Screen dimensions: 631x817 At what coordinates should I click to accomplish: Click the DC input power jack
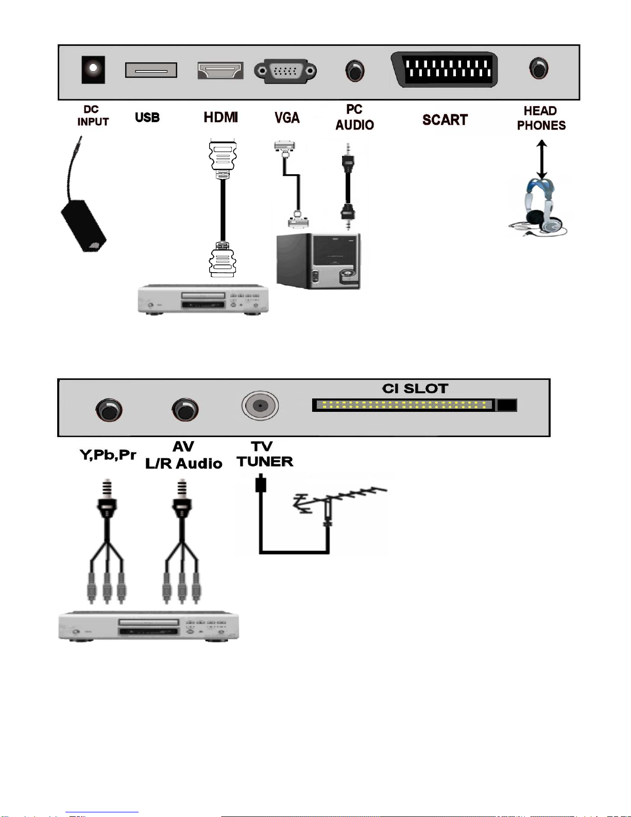point(93,70)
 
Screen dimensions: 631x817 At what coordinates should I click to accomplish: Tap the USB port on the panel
point(151,70)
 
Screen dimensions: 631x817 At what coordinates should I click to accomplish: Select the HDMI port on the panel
point(220,70)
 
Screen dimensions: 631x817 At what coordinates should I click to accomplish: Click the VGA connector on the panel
point(285,71)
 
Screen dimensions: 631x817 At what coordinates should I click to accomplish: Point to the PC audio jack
point(354,71)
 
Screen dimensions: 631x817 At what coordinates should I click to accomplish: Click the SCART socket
point(445,70)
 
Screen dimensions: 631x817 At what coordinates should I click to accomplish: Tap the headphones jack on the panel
point(539,68)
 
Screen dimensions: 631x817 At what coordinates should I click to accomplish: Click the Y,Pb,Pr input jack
point(109,410)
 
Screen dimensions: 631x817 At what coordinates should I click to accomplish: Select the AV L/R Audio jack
point(185,409)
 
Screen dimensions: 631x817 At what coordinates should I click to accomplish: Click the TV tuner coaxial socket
point(260,405)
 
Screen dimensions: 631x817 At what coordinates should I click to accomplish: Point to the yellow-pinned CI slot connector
point(415,405)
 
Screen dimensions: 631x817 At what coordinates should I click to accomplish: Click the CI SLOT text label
point(415,388)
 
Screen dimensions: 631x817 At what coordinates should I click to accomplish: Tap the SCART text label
point(445,120)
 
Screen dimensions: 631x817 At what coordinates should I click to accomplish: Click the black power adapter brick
point(84,226)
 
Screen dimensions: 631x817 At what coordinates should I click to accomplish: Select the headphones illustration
point(538,207)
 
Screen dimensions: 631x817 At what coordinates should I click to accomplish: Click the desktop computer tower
point(318,261)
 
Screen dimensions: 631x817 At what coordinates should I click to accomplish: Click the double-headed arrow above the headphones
point(541,160)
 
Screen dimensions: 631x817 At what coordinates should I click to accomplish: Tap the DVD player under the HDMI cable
point(203,299)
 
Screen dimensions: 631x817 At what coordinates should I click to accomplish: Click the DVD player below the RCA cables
point(149,626)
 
